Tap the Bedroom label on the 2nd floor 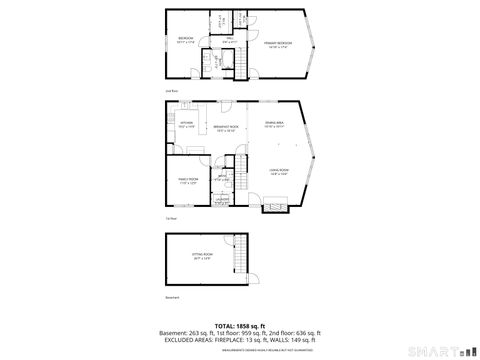point(185,41)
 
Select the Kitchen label point(185,126)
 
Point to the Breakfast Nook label point(226,127)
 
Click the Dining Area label point(274,124)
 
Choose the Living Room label point(279,171)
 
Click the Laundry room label point(222,200)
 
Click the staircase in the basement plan point(239,258)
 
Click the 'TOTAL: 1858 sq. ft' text point(240,326)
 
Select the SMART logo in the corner point(440,351)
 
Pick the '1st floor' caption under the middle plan point(172,218)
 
